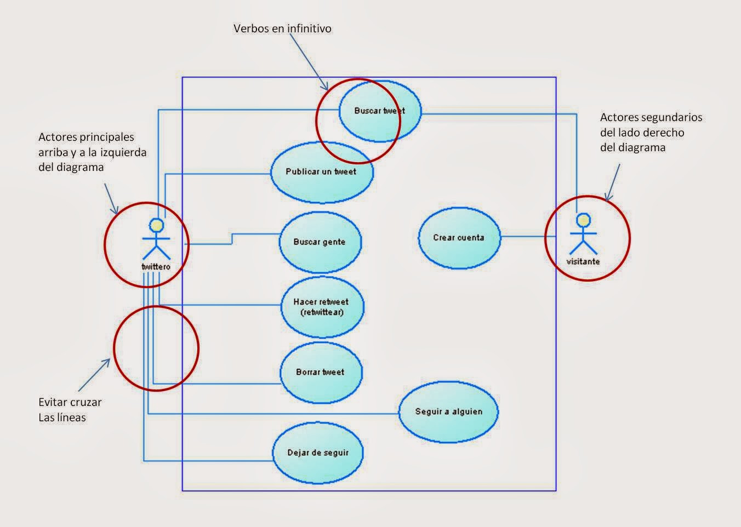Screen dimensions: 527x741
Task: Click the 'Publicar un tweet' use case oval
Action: pos(322,171)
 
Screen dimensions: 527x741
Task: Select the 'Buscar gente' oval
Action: pos(320,242)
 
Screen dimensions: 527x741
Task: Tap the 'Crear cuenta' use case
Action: pos(459,238)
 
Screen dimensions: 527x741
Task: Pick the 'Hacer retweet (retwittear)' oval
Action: pos(321,307)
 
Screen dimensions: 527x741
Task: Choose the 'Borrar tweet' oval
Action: pos(321,372)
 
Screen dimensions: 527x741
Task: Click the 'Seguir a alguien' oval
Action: pos(448,411)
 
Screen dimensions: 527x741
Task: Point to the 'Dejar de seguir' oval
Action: pos(318,452)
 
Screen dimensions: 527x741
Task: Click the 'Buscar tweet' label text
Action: pos(379,111)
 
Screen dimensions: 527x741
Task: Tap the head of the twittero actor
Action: pos(157,225)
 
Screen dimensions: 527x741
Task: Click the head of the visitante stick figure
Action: pos(583,220)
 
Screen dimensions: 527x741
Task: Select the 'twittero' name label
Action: pos(156,267)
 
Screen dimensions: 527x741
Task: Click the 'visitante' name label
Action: pos(583,262)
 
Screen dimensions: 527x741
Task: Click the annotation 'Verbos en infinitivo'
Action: pos(282,28)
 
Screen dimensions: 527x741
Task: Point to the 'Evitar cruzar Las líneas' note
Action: pos(70,410)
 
